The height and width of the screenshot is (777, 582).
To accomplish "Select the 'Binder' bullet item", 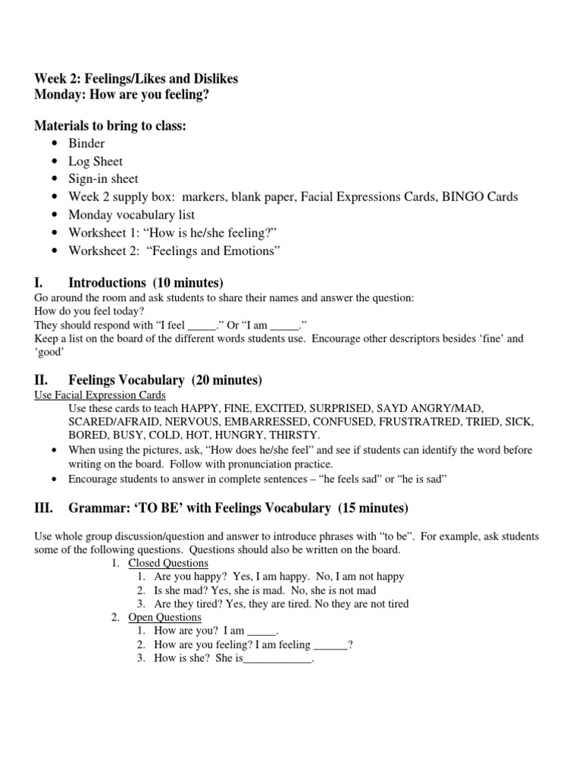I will pyautogui.click(x=86, y=143).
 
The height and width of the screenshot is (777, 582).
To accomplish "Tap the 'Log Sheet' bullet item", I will pyautogui.click(x=95, y=161).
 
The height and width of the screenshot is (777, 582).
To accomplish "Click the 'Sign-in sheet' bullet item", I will pyautogui.click(x=103, y=179).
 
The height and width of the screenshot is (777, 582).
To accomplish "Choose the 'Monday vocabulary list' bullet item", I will pyautogui.click(x=131, y=215).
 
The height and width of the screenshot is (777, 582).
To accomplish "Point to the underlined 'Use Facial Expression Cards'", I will pyautogui.click(x=100, y=395).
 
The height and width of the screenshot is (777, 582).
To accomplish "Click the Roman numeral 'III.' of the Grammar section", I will pyautogui.click(x=44, y=508).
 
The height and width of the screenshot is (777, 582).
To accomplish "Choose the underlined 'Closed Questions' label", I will pyautogui.click(x=168, y=563).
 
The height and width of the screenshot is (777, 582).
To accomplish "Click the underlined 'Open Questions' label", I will pyautogui.click(x=164, y=618).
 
